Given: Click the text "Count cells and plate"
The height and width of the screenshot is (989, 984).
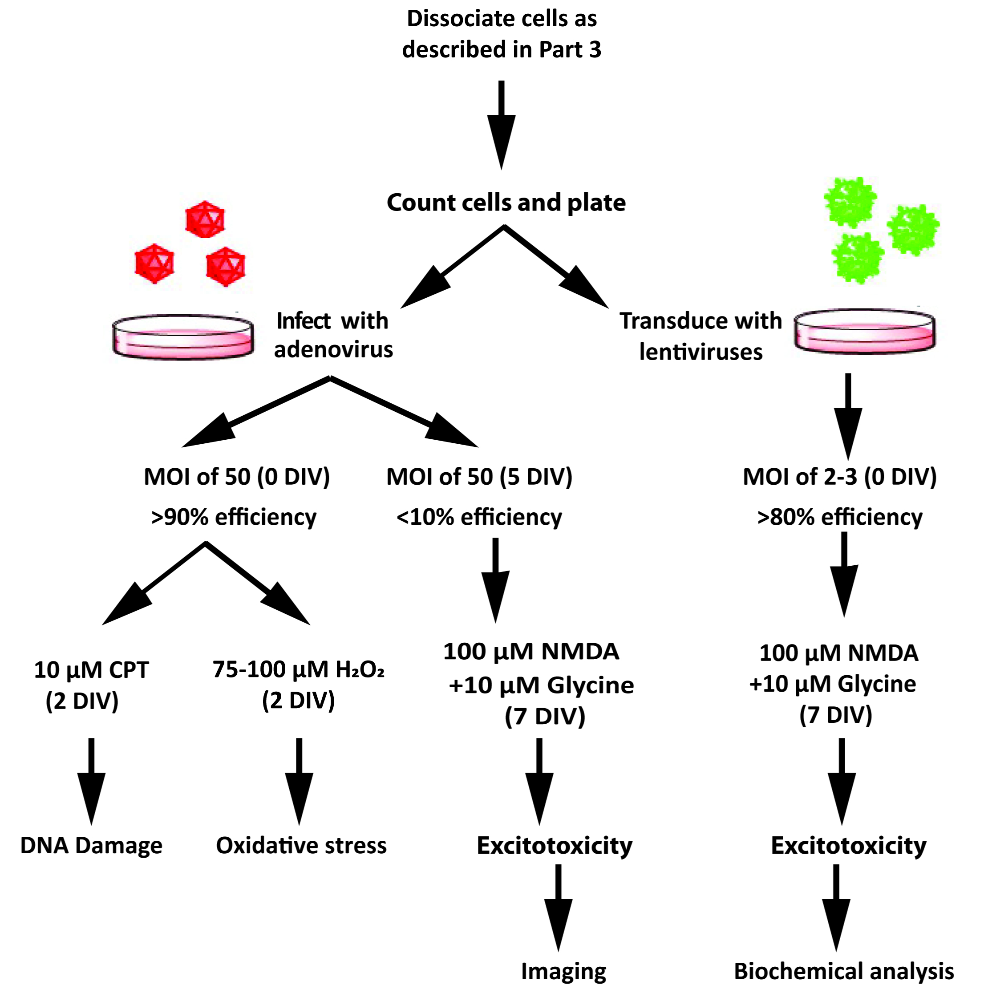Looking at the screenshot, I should (x=506, y=203).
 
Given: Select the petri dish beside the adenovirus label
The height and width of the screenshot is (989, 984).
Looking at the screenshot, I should (x=183, y=337).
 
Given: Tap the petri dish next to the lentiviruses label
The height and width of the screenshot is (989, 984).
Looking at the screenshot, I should (x=864, y=331).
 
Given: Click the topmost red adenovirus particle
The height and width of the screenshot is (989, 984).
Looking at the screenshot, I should (x=205, y=219).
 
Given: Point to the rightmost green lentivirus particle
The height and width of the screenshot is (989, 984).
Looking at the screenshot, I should (x=913, y=230).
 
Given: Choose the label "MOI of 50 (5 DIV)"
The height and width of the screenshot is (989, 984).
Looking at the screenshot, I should (x=479, y=477).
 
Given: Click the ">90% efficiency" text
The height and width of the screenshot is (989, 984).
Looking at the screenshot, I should (x=234, y=517).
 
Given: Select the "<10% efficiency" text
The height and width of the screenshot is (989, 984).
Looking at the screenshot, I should (x=479, y=517).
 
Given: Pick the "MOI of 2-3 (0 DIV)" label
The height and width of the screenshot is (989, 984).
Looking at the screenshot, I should (x=840, y=477).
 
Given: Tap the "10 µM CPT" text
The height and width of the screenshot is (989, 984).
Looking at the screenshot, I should (x=91, y=670).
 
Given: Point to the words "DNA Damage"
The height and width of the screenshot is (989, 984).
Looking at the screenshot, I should (x=91, y=846).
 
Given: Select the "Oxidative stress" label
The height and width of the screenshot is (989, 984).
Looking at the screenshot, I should (x=301, y=846).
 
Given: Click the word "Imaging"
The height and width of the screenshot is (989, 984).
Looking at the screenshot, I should (x=563, y=971).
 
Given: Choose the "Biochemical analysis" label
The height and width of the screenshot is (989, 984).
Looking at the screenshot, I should (x=844, y=971).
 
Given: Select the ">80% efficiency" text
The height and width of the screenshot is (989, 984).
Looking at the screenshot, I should (x=840, y=517).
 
